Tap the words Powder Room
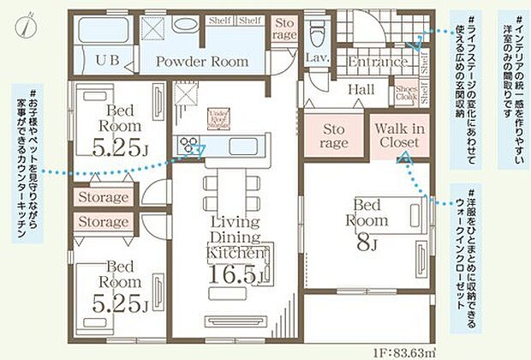point(201,62)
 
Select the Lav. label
point(316,58)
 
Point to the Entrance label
point(377,63)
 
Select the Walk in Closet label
point(401,135)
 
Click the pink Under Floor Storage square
point(218,117)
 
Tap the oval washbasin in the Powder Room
point(185,25)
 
